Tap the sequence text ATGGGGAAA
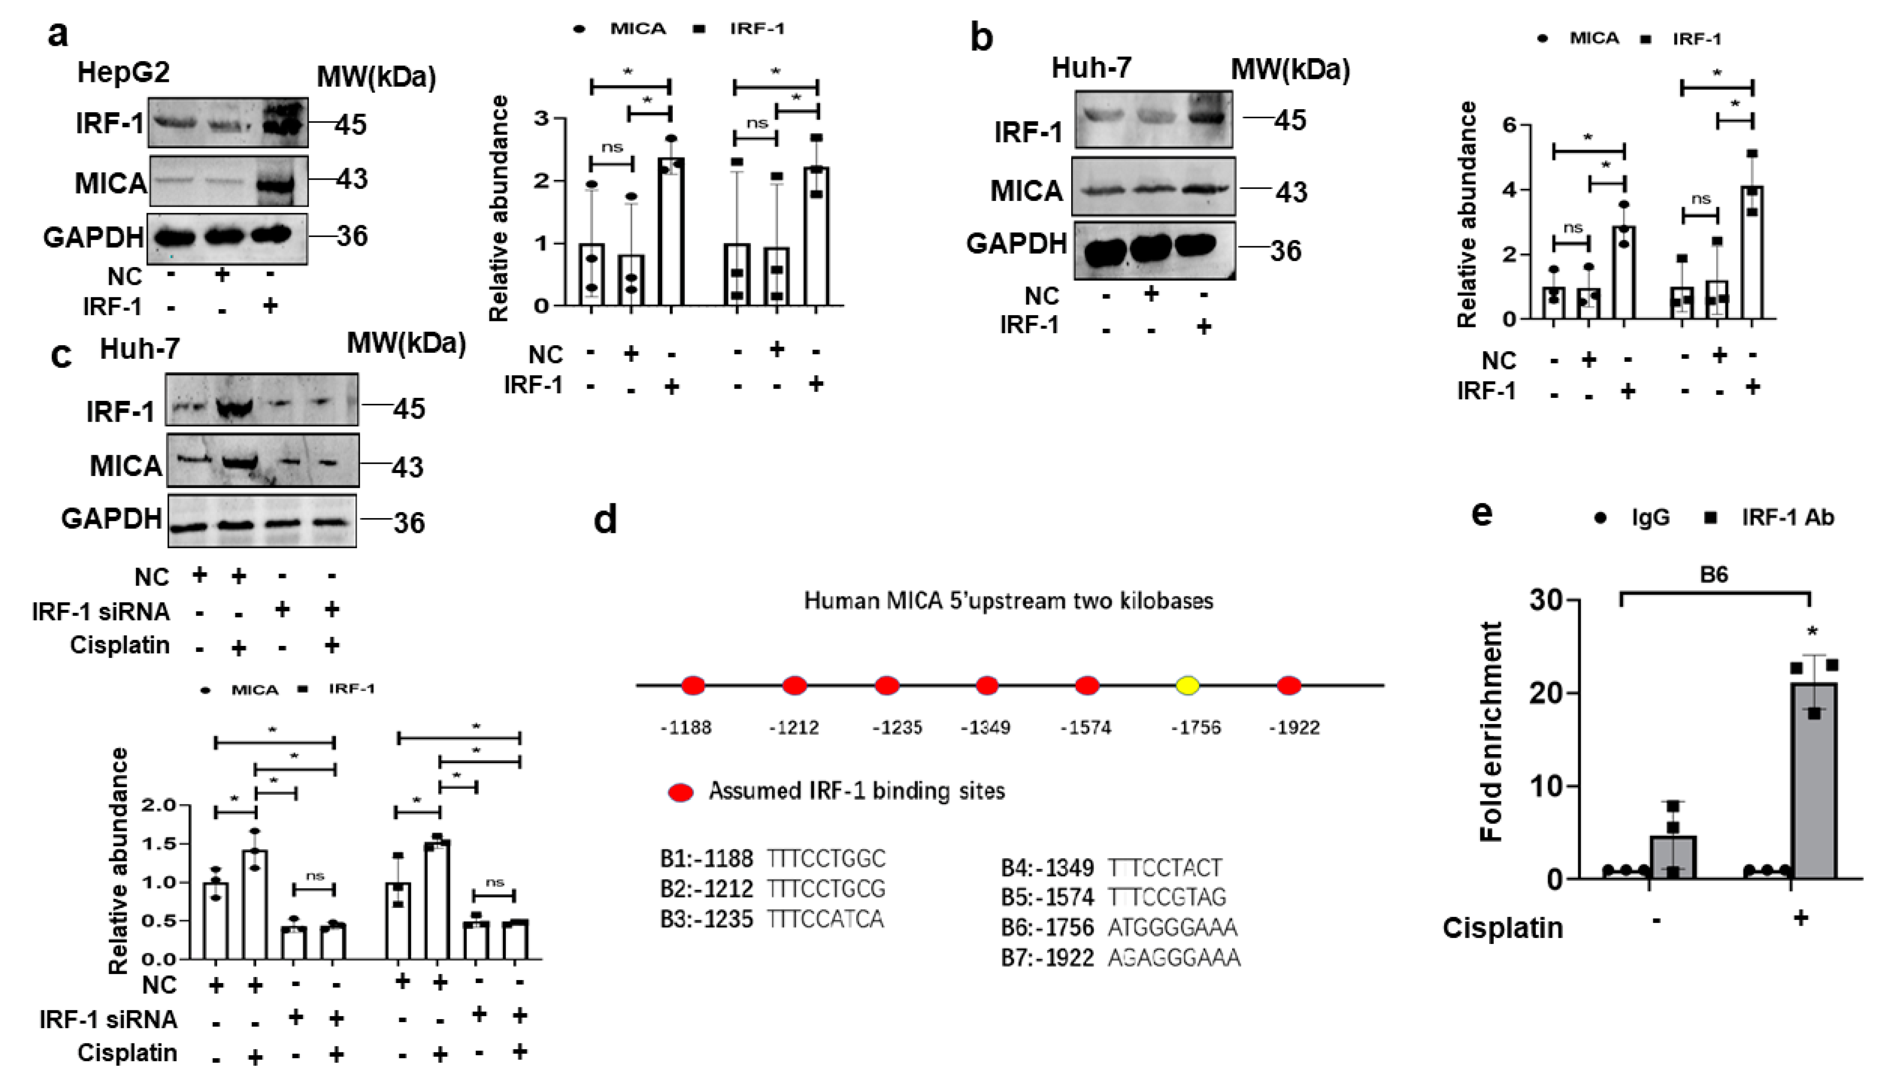click(1172, 927)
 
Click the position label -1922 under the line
click(1294, 727)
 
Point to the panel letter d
click(606, 519)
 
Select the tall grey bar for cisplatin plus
click(1814, 781)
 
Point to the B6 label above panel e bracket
click(1713, 575)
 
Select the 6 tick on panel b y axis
click(1508, 125)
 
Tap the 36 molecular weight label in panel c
click(409, 523)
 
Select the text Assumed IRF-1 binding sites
click(856, 792)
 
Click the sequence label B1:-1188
click(706, 859)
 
